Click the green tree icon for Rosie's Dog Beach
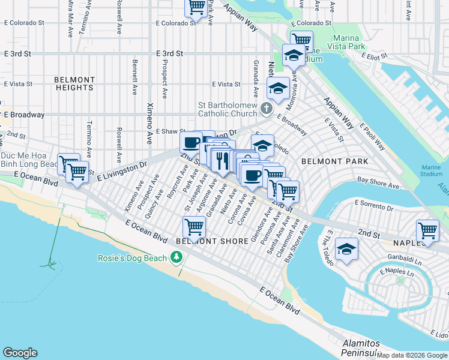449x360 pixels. coord(176,257)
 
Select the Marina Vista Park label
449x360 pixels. coord(357,46)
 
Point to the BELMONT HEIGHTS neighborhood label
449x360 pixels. coord(74,83)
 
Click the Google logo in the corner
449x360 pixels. coord(20,353)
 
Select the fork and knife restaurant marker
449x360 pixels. coord(220,159)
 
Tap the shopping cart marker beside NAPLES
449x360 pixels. coord(427,230)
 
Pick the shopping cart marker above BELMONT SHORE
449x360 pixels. coord(194,227)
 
